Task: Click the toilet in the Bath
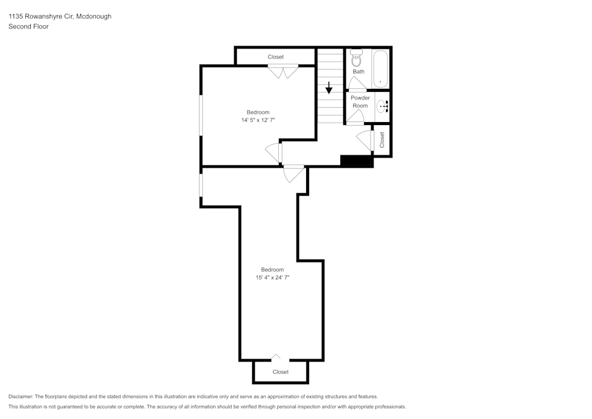356,59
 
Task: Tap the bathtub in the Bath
380,69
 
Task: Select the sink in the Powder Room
383,106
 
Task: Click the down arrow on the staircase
329,88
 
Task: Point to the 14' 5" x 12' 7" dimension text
258,120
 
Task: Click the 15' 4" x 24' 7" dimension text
272,277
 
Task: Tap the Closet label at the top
275,57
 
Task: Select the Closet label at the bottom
281,372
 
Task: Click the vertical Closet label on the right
382,139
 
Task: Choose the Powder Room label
360,101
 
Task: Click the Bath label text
359,72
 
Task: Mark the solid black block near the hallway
356,160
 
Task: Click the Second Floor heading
28,27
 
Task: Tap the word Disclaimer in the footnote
21,396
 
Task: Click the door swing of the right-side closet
365,140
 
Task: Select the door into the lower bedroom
294,174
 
